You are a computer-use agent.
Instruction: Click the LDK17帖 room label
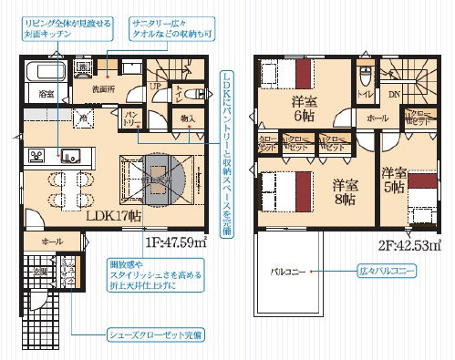click(113, 217)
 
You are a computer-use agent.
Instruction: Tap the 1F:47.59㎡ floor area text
click(174, 243)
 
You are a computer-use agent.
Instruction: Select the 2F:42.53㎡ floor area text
click(406, 243)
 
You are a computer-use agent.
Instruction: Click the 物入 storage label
click(189, 118)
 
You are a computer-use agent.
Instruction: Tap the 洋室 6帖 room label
click(304, 108)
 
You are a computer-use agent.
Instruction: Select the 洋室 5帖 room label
click(394, 179)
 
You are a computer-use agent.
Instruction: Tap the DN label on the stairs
click(395, 93)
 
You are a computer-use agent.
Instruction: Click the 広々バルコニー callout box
click(395, 271)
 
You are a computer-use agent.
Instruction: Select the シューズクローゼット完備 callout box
click(151, 334)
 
